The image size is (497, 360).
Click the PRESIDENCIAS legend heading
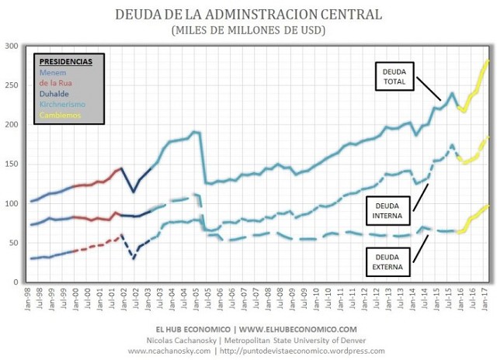tap(65, 61)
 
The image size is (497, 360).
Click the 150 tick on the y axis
tap(12, 164)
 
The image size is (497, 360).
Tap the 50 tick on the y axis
tap(15, 243)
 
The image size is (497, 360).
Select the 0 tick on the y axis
tap(17, 282)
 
